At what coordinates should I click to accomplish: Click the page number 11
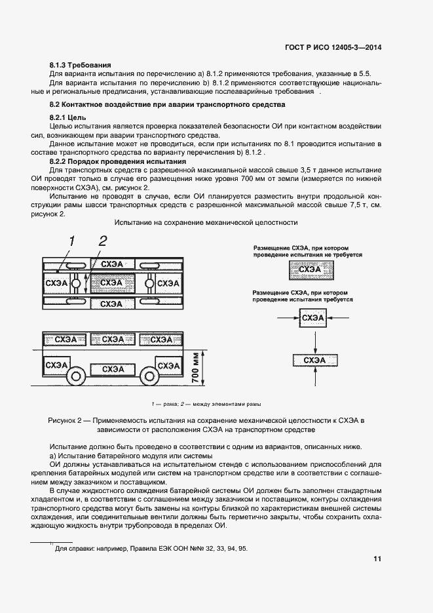click(377, 559)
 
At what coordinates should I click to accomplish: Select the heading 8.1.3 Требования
click(81, 66)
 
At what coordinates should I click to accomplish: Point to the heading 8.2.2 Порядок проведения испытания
click(118, 161)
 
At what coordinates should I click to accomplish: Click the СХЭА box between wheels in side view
click(113, 369)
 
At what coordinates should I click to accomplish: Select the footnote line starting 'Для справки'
click(151, 549)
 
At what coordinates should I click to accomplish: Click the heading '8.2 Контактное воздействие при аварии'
click(168, 105)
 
